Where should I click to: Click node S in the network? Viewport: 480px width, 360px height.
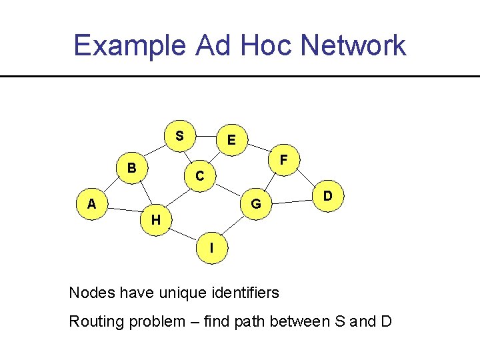click(179, 136)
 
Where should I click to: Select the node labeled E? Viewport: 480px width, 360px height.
click(231, 141)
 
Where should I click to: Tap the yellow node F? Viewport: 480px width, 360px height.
click(284, 160)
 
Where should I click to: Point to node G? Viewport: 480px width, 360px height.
click(256, 203)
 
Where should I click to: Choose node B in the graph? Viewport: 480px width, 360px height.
click(133, 167)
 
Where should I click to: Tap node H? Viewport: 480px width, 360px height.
click(155, 219)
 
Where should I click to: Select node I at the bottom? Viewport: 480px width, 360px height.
click(211, 247)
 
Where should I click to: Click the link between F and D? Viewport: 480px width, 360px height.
click(307, 179)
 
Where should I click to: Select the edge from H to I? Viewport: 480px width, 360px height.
click(183, 233)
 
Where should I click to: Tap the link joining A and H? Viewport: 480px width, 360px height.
click(123, 212)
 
